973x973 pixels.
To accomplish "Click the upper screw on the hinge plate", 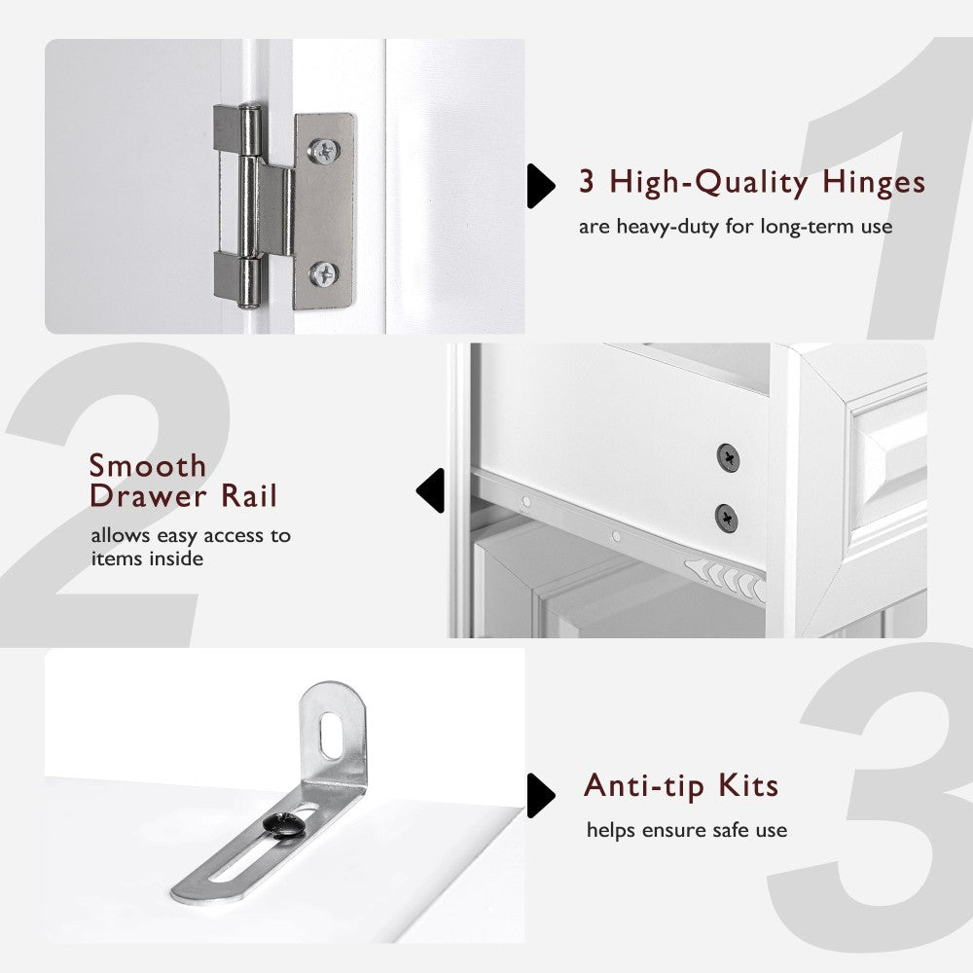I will tap(324, 150).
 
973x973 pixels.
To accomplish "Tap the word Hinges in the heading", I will tap(873, 182).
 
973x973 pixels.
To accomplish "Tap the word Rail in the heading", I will tap(247, 496).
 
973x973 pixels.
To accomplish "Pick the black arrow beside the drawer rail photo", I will tap(431, 490).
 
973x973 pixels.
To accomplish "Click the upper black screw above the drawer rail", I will tap(727, 455).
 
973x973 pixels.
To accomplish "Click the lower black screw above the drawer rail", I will tap(726, 517).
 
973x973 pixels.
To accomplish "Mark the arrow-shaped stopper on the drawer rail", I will tap(725, 579).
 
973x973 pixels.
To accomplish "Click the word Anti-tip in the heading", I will tap(642, 785).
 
